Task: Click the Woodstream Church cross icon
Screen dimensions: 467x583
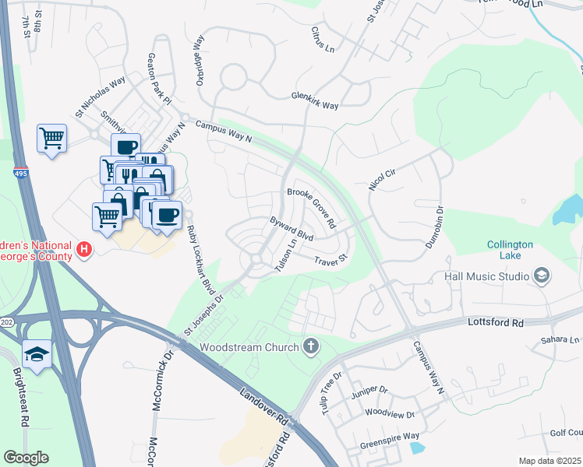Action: pos(311,346)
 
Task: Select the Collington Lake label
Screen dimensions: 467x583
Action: pos(510,250)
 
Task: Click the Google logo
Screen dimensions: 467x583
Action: pos(26,458)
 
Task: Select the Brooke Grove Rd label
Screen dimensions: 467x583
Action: pos(311,208)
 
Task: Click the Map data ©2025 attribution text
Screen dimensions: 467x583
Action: pos(548,461)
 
